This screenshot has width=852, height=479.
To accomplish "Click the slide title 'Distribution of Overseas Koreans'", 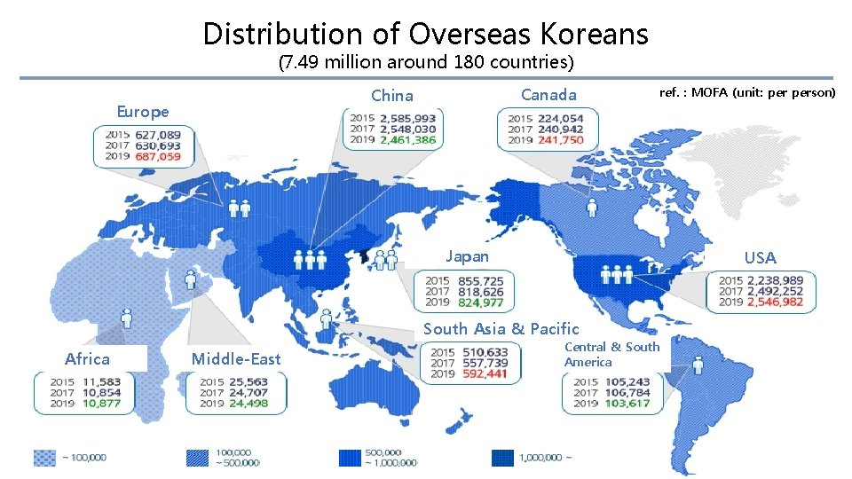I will coord(425,34).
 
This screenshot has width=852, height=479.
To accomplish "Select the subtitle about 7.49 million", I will coord(425,63).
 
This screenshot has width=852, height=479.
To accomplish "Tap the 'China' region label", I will coord(391,95).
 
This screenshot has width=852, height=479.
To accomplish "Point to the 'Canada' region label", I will coord(548,94).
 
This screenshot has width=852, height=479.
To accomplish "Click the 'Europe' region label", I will coord(143,112).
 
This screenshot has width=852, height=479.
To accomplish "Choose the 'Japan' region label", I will coord(467,256).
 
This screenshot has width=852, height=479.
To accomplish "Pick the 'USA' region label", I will coord(760,258).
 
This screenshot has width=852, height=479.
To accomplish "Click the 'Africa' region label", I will coord(87,358).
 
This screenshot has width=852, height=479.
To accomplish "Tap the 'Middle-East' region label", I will coord(236,358).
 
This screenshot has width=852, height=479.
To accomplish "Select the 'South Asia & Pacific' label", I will coord(501,328).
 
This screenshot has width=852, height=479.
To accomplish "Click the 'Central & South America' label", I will coord(611,354).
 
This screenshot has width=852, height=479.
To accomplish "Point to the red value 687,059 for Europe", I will coord(158,157).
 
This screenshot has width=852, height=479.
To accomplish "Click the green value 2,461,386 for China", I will coord(407,140).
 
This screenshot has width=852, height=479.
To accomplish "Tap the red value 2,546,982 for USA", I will coord(775,302).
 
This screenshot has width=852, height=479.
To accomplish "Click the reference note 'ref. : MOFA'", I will coord(745,92).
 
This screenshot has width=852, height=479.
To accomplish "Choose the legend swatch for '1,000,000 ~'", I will coord(503,457).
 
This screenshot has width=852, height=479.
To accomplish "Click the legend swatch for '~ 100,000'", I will coord(44,457).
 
